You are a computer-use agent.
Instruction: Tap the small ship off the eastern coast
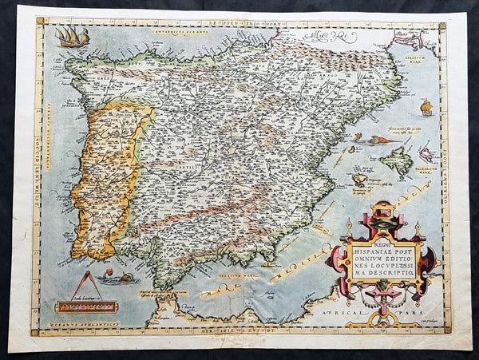coord(426,106)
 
